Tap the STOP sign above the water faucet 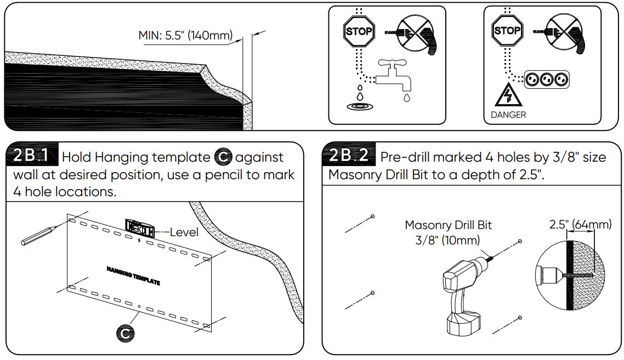pos(358,31)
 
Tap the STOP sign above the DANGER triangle pos(507,31)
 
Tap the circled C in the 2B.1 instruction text pos(222,157)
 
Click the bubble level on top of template pos(140,227)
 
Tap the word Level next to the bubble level pos(184,232)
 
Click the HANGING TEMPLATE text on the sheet pos(133,276)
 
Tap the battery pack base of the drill pos(466,324)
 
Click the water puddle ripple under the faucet pos(360,106)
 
